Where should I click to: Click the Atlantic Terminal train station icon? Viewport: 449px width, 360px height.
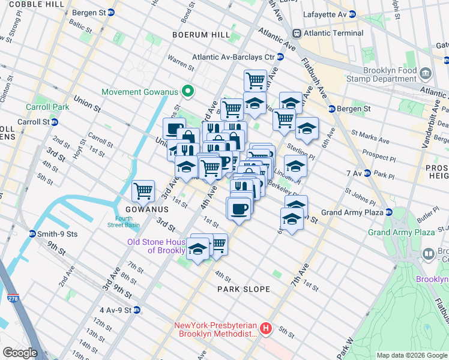tap(296, 33)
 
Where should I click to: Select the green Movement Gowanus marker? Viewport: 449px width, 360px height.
tap(188, 92)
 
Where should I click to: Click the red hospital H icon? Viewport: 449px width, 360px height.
tap(265, 328)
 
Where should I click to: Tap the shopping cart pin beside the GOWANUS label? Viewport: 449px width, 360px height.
tap(143, 192)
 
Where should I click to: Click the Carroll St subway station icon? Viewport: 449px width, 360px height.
tap(54, 121)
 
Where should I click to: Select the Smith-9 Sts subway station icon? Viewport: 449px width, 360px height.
tap(32, 233)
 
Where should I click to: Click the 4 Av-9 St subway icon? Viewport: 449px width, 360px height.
tap(137, 310)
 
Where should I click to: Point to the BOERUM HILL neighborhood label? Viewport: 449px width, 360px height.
tap(200, 35)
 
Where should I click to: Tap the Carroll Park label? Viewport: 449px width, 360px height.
tap(47, 107)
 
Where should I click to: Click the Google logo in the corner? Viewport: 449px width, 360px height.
tap(20, 353)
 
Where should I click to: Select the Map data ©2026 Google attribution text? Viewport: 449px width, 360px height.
tap(411, 355)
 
